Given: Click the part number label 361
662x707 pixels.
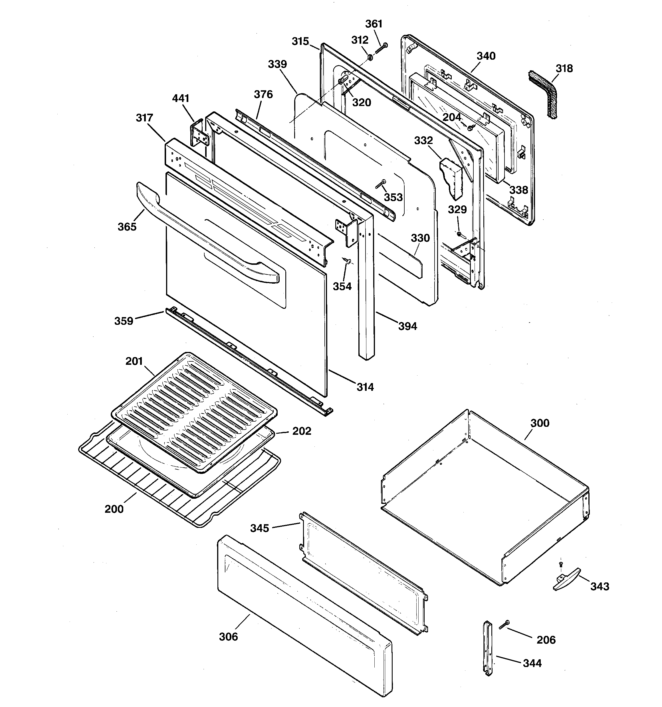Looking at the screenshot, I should (374, 24).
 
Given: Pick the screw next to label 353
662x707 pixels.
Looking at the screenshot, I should (381, 184).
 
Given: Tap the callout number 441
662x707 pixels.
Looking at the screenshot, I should (181, 98).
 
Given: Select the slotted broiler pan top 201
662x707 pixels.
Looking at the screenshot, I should (194, 412).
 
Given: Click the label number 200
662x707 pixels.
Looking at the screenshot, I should (114, 509).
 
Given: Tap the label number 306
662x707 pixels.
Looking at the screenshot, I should (228, 636).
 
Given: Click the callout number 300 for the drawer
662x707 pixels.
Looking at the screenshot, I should (540, 423).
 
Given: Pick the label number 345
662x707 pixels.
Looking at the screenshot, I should (259, 528).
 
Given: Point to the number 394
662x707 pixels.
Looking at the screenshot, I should (407, 326).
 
